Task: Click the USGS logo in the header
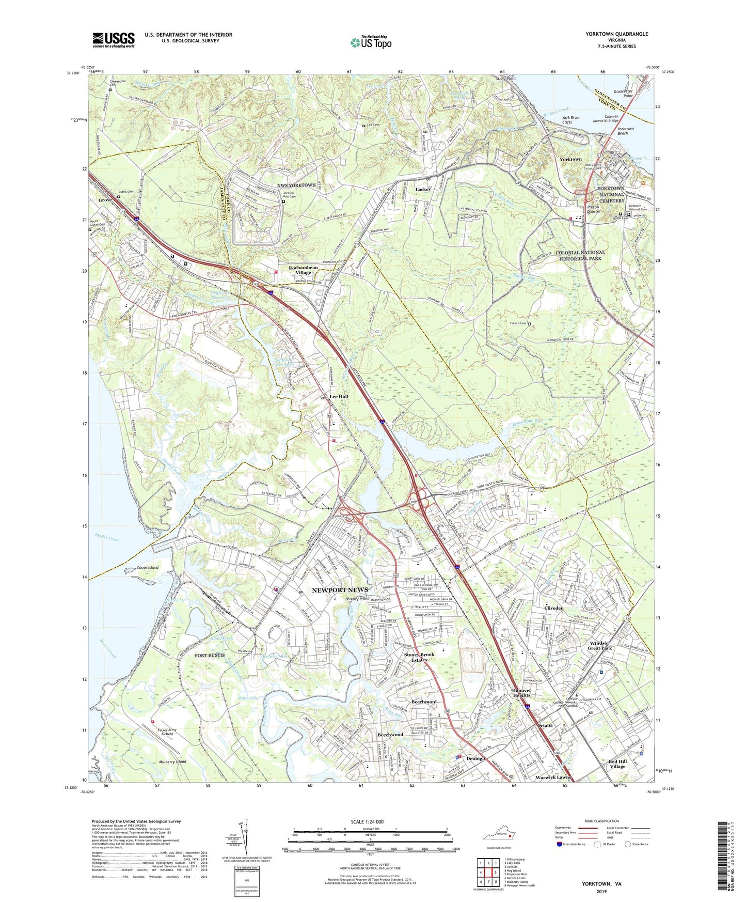click(x=114, y=39)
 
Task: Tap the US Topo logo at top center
click(x=371, y=42)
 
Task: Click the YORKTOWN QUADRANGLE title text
click(x=616, y=34)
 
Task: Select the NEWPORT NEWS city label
click(x=340, y=590)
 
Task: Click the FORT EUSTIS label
click(x=210, y=656)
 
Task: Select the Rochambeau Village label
click(x=304, y=270)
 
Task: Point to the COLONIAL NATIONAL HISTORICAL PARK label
click(x=580, y=255)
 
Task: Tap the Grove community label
click(x=105, y=200)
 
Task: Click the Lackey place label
click(x=423, y=190)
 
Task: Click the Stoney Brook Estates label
click(x=419, y=657)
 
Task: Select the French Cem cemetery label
click(x=518, y=324)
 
